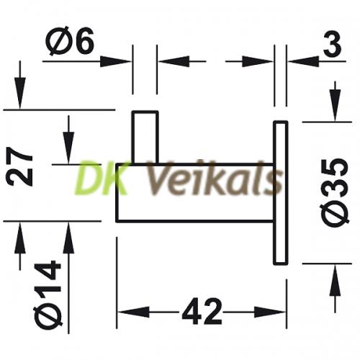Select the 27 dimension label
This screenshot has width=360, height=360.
(19, 167)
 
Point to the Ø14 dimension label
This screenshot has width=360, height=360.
(48, 294)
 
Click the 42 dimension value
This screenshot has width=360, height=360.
(202, 312)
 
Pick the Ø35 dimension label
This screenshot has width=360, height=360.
(335, 192)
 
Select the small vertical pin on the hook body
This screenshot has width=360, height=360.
(145, 138)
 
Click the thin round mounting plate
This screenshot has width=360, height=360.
(281, 193)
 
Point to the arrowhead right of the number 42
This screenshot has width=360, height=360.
(270, 312)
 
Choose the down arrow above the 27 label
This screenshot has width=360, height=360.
(20, 84)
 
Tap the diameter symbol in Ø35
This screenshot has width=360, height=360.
(335, 214)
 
